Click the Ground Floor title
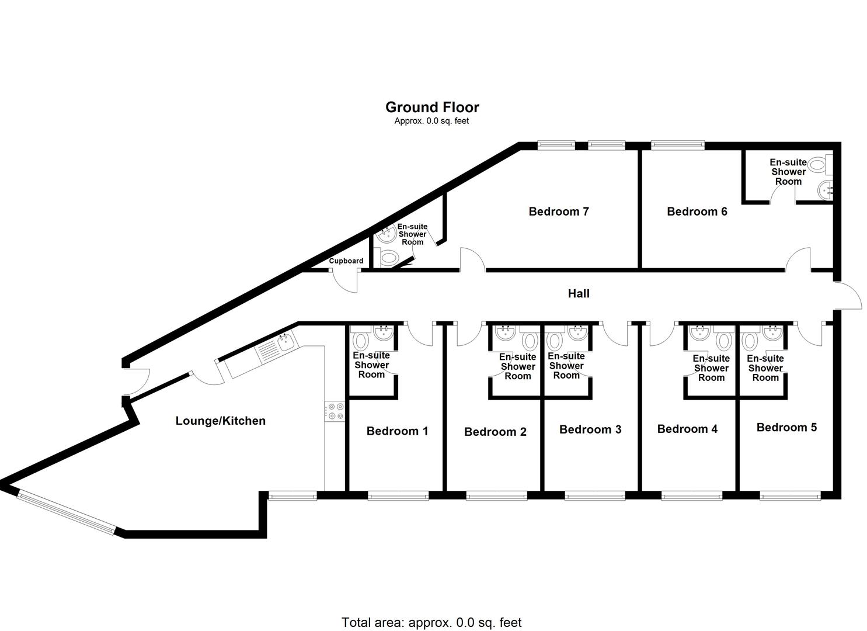[x=432, y=107]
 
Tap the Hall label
[x=579, y=293]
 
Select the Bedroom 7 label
[x=558, y=212]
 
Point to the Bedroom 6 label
[x=697, y=212]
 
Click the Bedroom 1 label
[x=397, y=431]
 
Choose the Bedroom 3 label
[x=590, y=429]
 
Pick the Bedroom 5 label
[x=786, y=427]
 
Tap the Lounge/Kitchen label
[x=220, y=421]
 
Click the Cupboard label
[x=346, y=261]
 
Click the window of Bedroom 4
[x=691, y=496]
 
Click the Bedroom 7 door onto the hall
[x=472, y=261]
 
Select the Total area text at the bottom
[x=431, y=622]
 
